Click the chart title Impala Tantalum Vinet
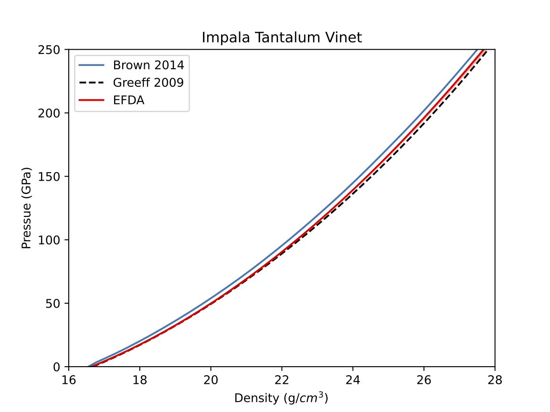tap(282, 38)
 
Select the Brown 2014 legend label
tap(148, 65)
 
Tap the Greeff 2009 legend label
tap(148, 82)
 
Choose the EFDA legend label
tap(129, 100)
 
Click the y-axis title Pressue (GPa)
tap(27, 208)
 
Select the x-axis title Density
tap(282, 398)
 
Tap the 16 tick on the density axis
tap(69, 380)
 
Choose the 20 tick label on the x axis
tap(211, 380)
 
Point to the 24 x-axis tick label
tap(353, 380)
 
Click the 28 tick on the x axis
tap(495, 380)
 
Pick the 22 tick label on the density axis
tap(282, 380)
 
